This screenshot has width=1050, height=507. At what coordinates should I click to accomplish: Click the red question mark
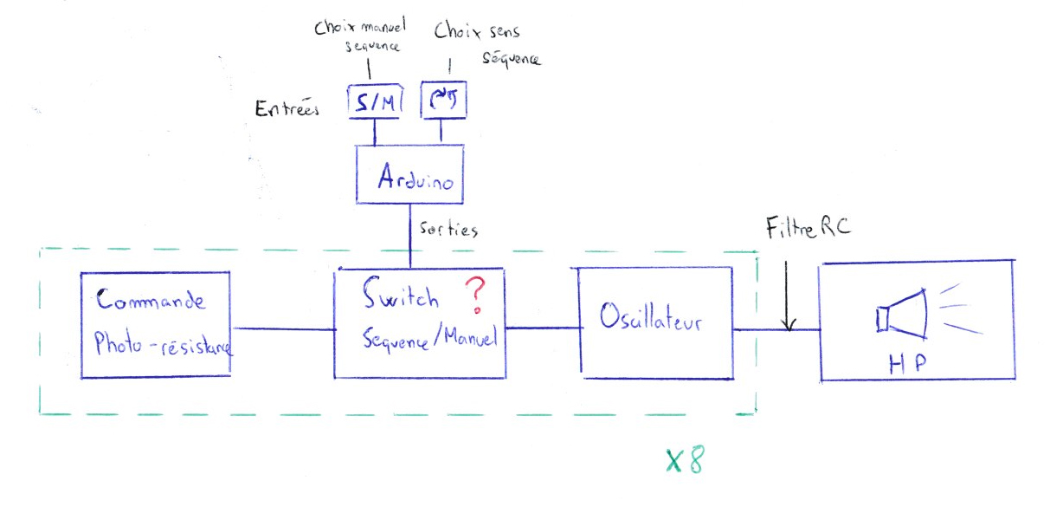coord(473,296)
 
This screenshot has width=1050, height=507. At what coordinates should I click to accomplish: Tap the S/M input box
coord(375,103)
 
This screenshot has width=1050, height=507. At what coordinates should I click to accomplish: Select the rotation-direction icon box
coord(443,102)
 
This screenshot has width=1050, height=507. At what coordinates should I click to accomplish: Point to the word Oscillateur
coord(650,322)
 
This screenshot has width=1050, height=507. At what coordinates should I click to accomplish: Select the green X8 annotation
coord(684,461)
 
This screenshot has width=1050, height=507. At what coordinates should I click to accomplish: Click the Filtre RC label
coord(808,229)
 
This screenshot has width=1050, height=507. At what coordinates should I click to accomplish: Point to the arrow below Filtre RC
coord(788,295)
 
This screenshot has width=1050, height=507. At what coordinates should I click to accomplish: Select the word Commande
coord(151,301)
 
